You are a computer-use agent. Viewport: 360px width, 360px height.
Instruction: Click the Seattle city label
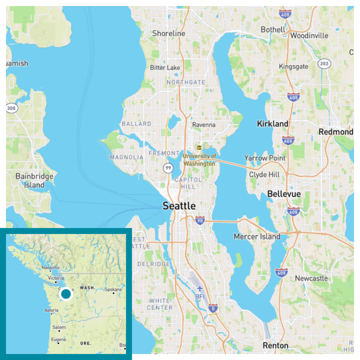[x=179, y=206]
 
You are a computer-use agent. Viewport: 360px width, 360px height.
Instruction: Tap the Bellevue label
[x=284, y=194]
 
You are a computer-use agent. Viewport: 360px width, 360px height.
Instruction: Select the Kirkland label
[x=272, y=124]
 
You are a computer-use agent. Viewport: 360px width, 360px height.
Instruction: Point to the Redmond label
[x=336, y=132]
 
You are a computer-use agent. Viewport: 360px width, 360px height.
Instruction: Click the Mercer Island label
[x=257, y=237]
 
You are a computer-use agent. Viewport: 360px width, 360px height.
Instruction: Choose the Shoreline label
[x=169, y=33]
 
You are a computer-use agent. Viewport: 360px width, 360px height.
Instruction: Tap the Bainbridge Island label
[x=34, y=180]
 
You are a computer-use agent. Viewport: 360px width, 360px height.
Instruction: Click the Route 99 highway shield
[x=168, y=168]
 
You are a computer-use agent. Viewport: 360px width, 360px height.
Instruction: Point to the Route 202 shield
[x=324, y=64]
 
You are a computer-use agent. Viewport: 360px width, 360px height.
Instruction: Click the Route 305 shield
[x=12, y=108]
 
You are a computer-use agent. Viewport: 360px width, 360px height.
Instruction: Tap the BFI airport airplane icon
[x=200, y=289]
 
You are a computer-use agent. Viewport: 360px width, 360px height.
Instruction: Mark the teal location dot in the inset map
[x=66, y=294]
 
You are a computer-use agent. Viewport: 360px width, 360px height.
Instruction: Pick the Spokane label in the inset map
[x=114, y=290]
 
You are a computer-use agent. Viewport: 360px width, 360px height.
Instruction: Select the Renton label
[x=276, y=346]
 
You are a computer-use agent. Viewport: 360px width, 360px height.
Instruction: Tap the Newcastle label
[x=311, y=278]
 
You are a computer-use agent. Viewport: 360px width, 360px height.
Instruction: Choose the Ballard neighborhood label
[x=136, y=124]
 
